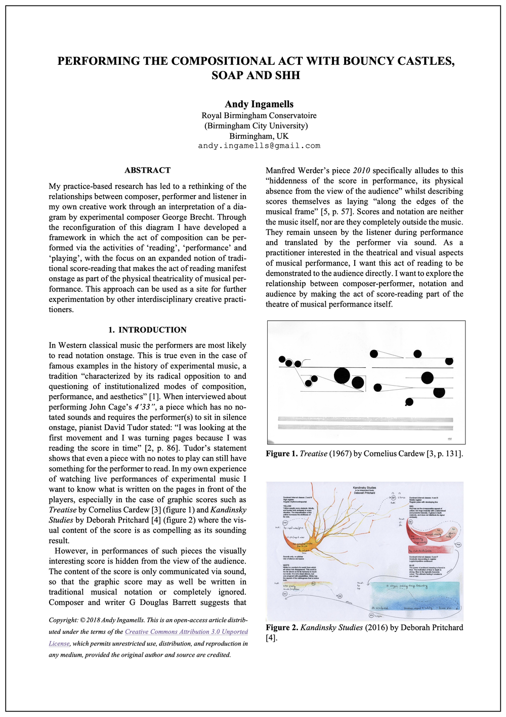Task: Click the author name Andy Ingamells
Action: tap(259, 104)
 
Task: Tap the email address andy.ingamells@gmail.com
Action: tap(259, 146)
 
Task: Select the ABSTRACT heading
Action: tap(147, 170)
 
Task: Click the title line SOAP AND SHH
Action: tap(256, 76)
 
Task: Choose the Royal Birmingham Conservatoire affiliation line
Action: tap(259, 116)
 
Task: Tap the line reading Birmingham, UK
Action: tap(259, 136)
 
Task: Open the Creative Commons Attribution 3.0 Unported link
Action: tap(186, 632)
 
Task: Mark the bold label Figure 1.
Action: tap(281, 454)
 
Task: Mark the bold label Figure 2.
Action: tap(282, 627)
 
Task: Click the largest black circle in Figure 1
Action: tap(342, 376)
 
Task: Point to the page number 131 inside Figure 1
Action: tap(449, 439)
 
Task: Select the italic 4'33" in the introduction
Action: tap(147, 407)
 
